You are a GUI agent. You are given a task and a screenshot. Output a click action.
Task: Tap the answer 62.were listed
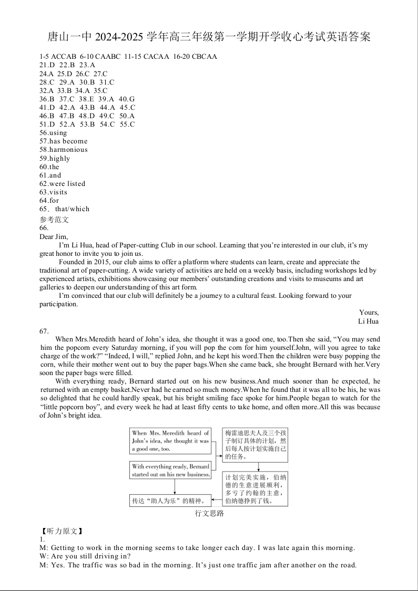pyautogui.click(x=62, y=184)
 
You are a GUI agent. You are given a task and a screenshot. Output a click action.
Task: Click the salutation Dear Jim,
pyautogui.click(x=54, y=236)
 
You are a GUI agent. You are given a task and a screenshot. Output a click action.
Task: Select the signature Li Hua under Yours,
pyautogui.click(x=368, y=321)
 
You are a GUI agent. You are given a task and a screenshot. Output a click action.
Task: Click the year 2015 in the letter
pyautogui.click(x=100, y=262)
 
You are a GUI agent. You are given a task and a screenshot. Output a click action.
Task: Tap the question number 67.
pyautogui.click(x=44, y=331)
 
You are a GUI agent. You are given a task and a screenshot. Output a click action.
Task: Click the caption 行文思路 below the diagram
pyautogui.click(x=209, y=513)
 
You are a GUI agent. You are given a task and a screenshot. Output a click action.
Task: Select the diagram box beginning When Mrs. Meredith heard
pyautogui.click(x=170, y=441)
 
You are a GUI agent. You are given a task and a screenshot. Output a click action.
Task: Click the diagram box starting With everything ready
pyautogui.click(x=170, y=470)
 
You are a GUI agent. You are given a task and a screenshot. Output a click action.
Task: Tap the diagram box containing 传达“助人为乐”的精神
pyautogui.click(x=170, y=501)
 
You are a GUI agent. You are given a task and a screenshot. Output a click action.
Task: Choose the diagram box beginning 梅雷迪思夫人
pyautogui.click(x=256, y=445)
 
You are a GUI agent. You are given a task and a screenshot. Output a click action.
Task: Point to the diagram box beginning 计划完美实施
pyautogui.click(x=256, y=489)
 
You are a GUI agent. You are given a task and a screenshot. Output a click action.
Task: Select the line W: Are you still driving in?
pyautogui.click(x=85, y=556)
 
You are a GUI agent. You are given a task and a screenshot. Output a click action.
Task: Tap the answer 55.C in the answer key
pyautogui.click(x=128, y=125)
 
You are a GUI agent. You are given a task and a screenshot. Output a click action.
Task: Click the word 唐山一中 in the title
pyautogui.click(x=69, y=37)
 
